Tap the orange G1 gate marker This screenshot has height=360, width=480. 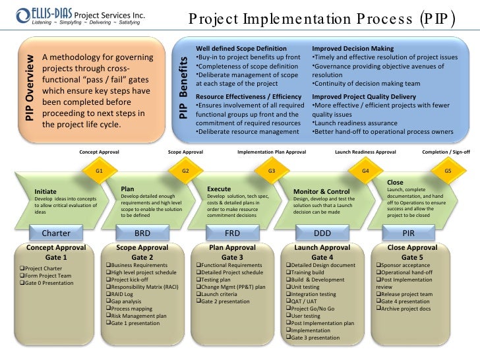99,170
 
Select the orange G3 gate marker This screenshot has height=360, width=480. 271,171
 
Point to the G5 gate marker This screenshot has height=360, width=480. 448,170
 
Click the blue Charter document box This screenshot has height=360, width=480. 56,233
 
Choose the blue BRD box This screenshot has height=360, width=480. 142,233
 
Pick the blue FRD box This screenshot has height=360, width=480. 232,233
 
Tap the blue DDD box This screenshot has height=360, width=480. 322,233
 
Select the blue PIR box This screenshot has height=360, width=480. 408,233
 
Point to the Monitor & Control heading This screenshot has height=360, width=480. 321,192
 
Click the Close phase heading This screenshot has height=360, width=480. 395,183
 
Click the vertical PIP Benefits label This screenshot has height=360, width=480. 185,88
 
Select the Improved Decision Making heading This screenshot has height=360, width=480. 353,49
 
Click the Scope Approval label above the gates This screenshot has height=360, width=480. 185,152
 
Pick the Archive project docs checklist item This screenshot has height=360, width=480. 404,309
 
